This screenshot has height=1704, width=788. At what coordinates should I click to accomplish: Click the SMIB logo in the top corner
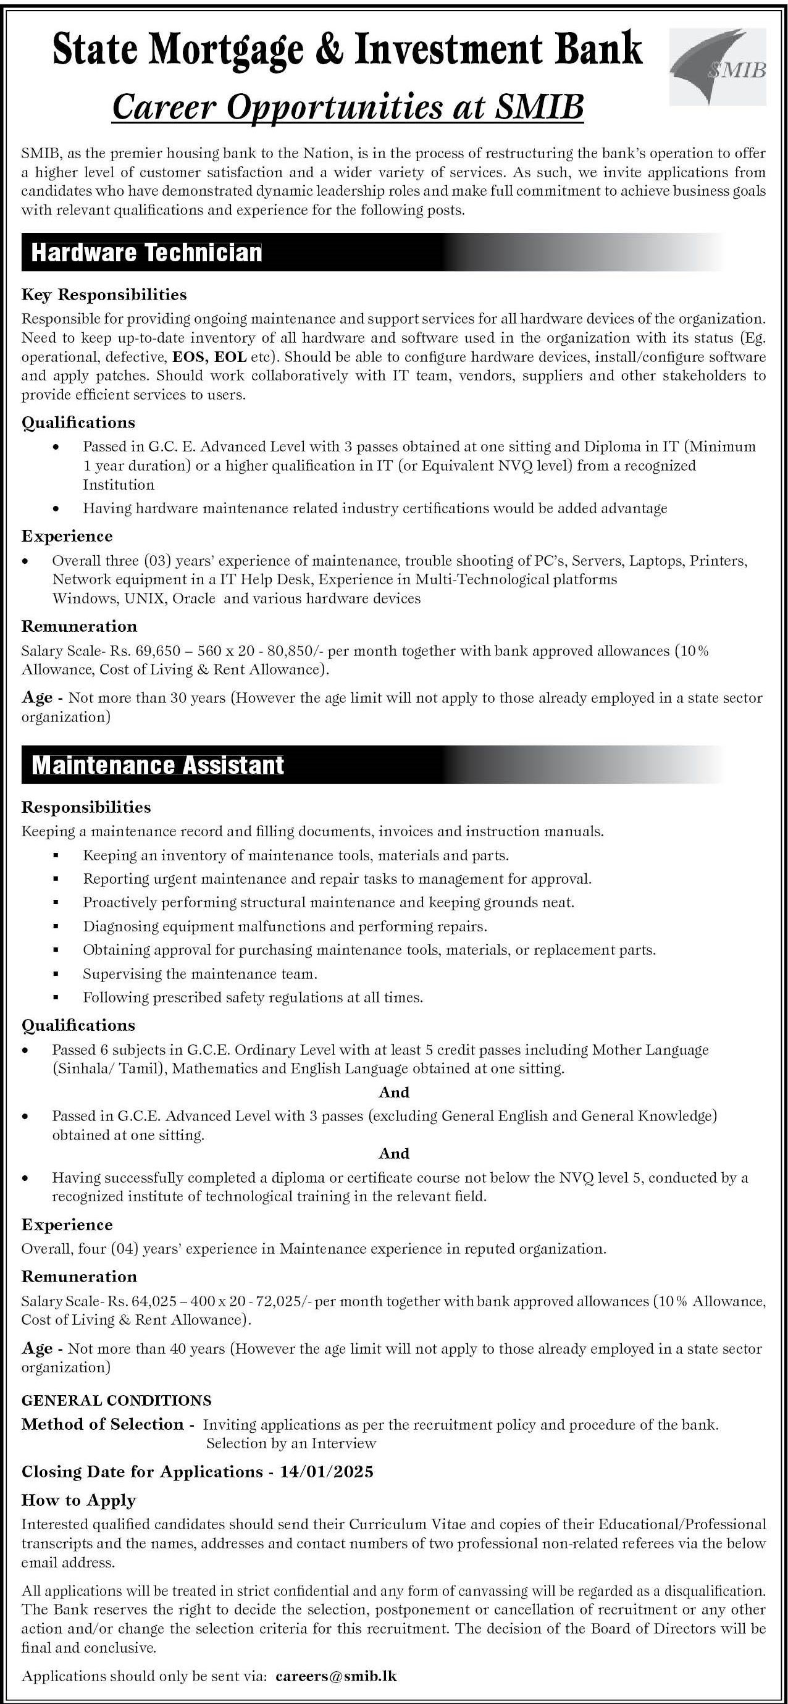pos(717,67)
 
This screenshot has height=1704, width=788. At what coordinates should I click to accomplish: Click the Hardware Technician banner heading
pos(147,253)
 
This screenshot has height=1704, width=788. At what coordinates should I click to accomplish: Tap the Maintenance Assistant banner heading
pos(158,765)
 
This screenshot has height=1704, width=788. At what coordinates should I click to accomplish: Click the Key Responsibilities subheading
pos(104,294)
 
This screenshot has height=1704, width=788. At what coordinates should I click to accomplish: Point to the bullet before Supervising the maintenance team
pos(57,975)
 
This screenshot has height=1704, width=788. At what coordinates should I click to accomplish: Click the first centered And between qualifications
pos(393,1092)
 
